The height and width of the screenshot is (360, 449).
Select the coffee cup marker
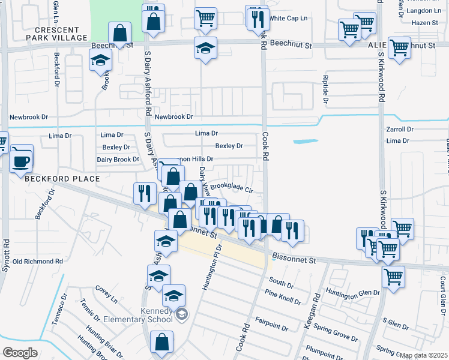coord(22,160)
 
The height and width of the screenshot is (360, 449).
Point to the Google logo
coord(20,353)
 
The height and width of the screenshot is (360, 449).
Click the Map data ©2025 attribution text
coord(424,355)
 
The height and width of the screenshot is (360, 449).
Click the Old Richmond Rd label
coord(38,262)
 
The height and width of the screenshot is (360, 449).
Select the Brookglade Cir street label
coord(232,187)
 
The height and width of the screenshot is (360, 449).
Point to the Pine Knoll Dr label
coord(283,295)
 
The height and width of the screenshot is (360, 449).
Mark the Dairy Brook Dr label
coord(118,160)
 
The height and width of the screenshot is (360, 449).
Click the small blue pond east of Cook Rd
coord(305,142)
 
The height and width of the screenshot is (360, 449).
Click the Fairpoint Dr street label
coord(271,325)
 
